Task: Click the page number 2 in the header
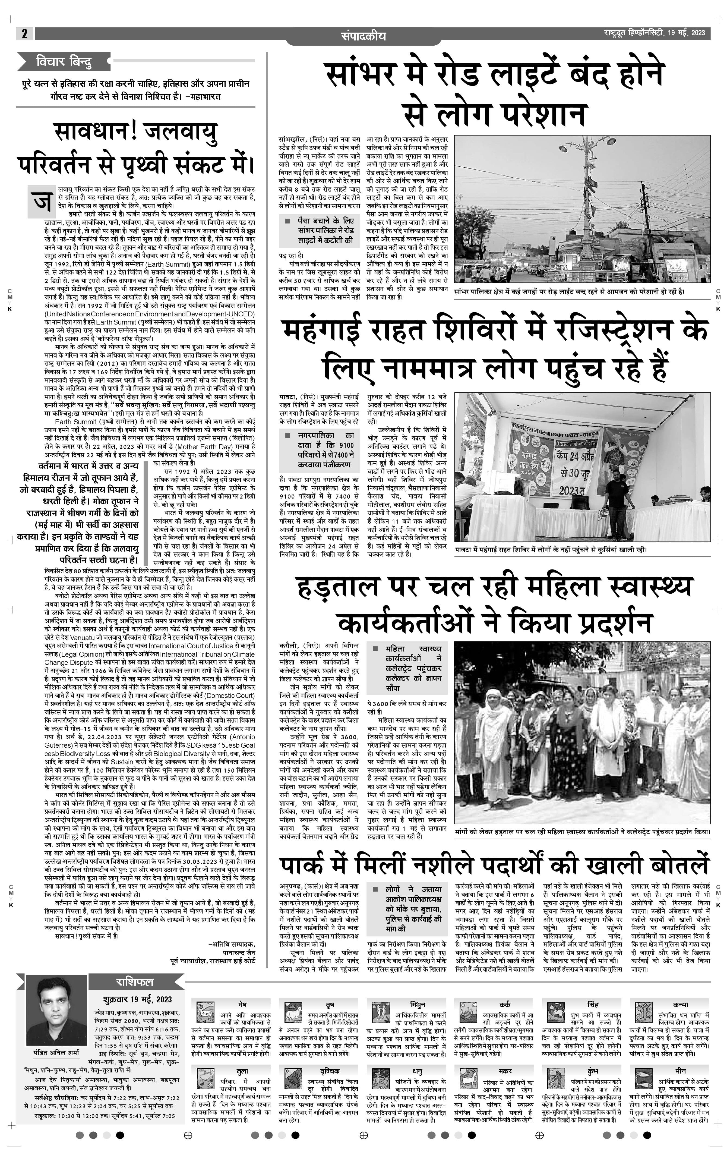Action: [x=24, y=34]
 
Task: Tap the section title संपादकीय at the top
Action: [x=363, y=36]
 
